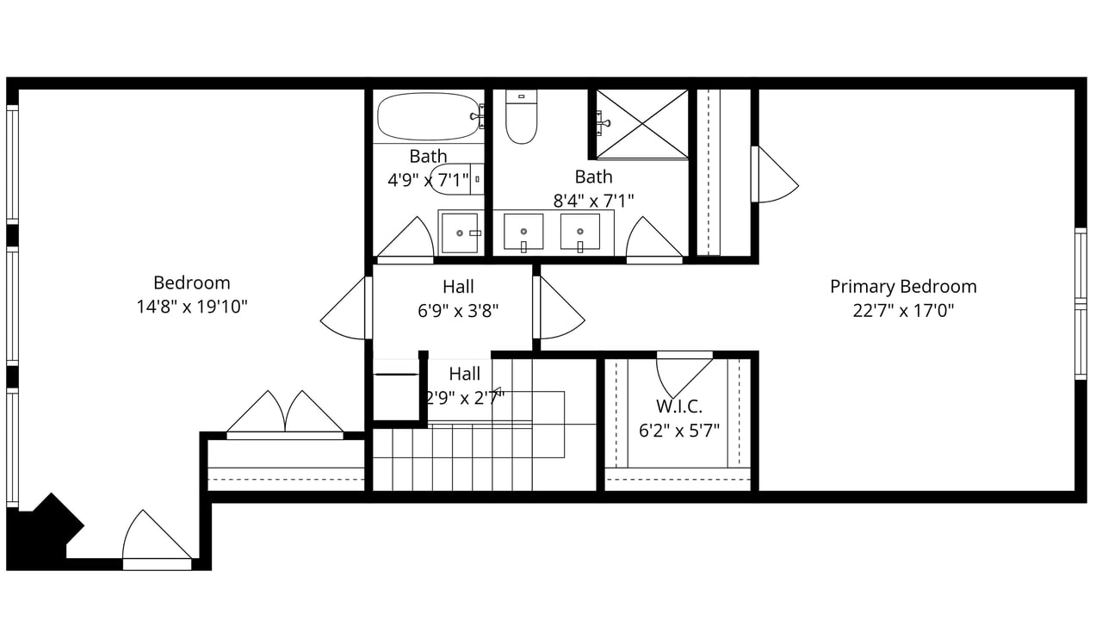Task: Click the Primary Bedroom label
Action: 903,287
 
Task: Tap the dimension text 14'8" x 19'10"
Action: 191,307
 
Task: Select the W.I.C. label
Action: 679,406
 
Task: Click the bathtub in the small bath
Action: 428,116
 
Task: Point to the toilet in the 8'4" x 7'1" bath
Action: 522,116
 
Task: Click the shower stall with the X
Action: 642,124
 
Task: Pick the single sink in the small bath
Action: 460,233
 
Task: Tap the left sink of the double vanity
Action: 523,232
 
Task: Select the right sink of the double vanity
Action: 580,232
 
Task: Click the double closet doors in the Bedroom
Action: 285,414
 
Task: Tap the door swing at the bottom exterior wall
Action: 157,541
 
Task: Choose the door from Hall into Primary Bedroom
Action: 559,307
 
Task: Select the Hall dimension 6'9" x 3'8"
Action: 458,311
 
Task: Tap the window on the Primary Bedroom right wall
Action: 1080,304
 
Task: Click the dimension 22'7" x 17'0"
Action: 903,311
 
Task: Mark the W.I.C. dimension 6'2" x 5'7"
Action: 679,431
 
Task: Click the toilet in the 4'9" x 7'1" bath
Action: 456,179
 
